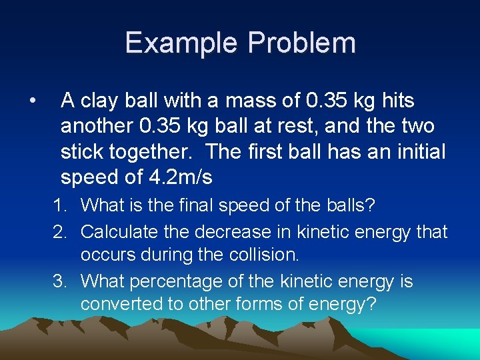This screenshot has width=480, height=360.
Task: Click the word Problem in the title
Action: tap(301, 43)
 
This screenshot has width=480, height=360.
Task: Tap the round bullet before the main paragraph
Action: tap(31, 101)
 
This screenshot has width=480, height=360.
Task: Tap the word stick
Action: tap(83, 151)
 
